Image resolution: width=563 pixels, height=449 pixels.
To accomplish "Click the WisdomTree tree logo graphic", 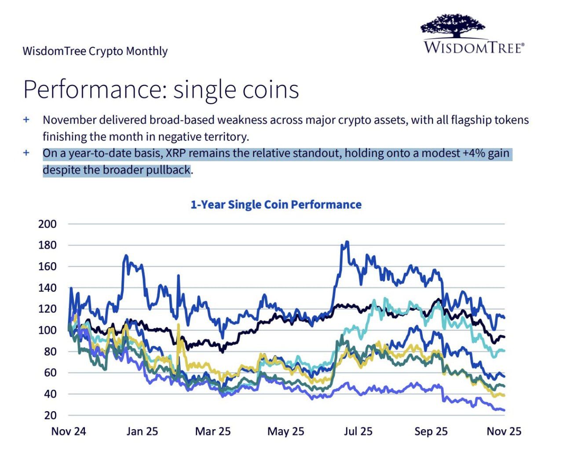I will [x=453, y=25].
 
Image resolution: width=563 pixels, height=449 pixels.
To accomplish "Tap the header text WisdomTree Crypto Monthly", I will [x=95, y=51].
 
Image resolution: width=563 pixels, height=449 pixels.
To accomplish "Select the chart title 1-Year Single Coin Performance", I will [x=276, y=204].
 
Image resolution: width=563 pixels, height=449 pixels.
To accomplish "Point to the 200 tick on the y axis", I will [x=48, y=224].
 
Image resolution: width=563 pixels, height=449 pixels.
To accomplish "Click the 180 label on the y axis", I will [x=48, y=245].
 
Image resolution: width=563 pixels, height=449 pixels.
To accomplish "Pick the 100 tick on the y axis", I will [x=48, y=330].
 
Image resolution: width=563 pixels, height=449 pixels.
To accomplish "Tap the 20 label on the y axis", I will [x=50, y=415].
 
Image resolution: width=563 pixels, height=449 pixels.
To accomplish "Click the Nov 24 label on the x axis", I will [x=69, y=431].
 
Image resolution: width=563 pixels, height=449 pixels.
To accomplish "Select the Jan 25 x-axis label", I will [x=142, y=431].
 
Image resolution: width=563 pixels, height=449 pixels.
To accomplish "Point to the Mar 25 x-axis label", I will [x=213, y=431].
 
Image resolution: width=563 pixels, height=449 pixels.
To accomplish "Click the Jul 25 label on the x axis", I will [x=358, y=431].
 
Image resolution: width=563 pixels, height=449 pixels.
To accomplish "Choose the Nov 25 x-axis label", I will [x=504, y=431].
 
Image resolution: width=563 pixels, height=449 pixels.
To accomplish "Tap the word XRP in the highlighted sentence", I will [x=177, y=153].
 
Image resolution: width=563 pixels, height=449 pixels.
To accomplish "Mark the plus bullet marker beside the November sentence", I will [x=26, y=119].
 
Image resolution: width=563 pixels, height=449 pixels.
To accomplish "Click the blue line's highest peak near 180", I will [x=347, y=242].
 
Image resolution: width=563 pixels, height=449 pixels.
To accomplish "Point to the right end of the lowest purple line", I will [x=503, y=410].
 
